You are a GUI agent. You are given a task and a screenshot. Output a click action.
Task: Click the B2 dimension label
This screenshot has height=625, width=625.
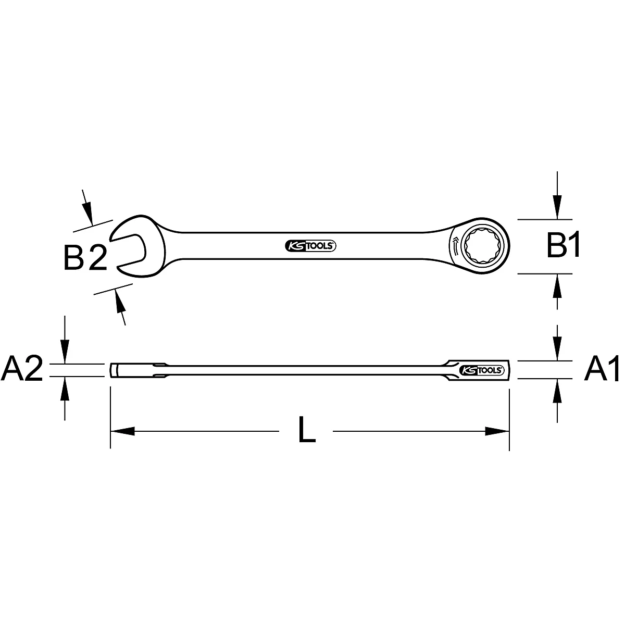(85, 258)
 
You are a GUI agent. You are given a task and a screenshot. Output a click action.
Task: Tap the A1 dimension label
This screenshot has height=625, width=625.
(602, 368)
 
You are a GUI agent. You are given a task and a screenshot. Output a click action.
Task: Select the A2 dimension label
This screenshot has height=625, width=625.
(22, 368)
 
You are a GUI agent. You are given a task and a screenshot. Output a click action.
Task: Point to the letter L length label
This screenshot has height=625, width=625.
(306, 430)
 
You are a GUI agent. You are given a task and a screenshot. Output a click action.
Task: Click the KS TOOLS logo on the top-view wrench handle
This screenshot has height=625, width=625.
(310, 246)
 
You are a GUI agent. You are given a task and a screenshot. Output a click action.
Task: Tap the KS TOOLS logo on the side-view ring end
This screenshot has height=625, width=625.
(482, 370)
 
